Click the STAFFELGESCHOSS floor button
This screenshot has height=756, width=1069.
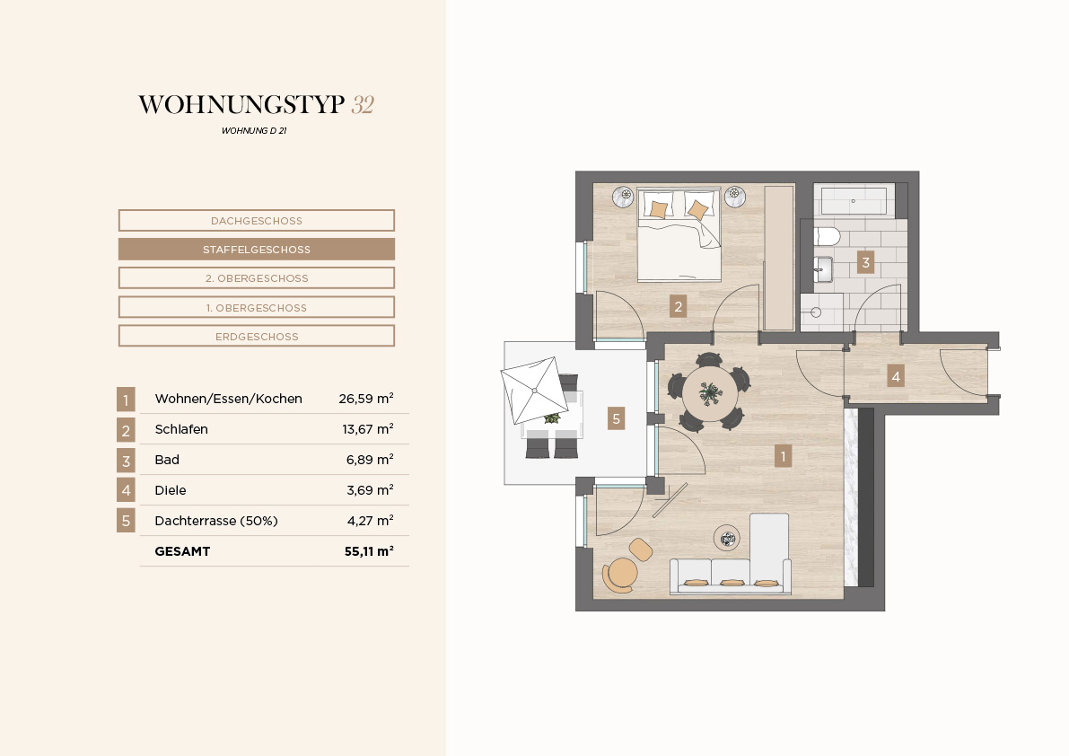[x=257, y=250]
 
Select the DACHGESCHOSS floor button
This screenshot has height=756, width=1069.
[x=257, y=221]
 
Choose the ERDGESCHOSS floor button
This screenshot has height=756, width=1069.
[x=257, y=336]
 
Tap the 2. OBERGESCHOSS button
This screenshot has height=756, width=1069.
[x=257, y=278]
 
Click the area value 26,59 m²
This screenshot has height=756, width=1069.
[x=366, y=399]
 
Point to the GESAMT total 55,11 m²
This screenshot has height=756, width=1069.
[x=369, y=550]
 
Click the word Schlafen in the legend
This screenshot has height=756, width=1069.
[x=181, y=429]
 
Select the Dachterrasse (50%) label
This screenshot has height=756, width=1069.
[x=216, y=521]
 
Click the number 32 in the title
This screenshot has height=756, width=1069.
[x=363, y=105]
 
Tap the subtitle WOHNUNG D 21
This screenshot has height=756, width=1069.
[x=254, y=131]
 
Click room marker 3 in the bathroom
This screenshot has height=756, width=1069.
[x=866, y=262]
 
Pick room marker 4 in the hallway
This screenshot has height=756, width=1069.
[x=896, y=376]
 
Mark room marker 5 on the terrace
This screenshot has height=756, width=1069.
[x=617, y=418]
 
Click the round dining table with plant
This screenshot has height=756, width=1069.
[x=710, y=393]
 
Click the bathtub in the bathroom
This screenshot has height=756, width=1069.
[x=854, y=200]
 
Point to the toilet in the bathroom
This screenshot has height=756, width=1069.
[x=827, y=236]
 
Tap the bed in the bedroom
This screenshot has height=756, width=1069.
[x=679, y=233]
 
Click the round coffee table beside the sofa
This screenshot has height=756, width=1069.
[x=727, y=538]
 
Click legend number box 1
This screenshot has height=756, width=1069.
[x=126, y=400]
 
